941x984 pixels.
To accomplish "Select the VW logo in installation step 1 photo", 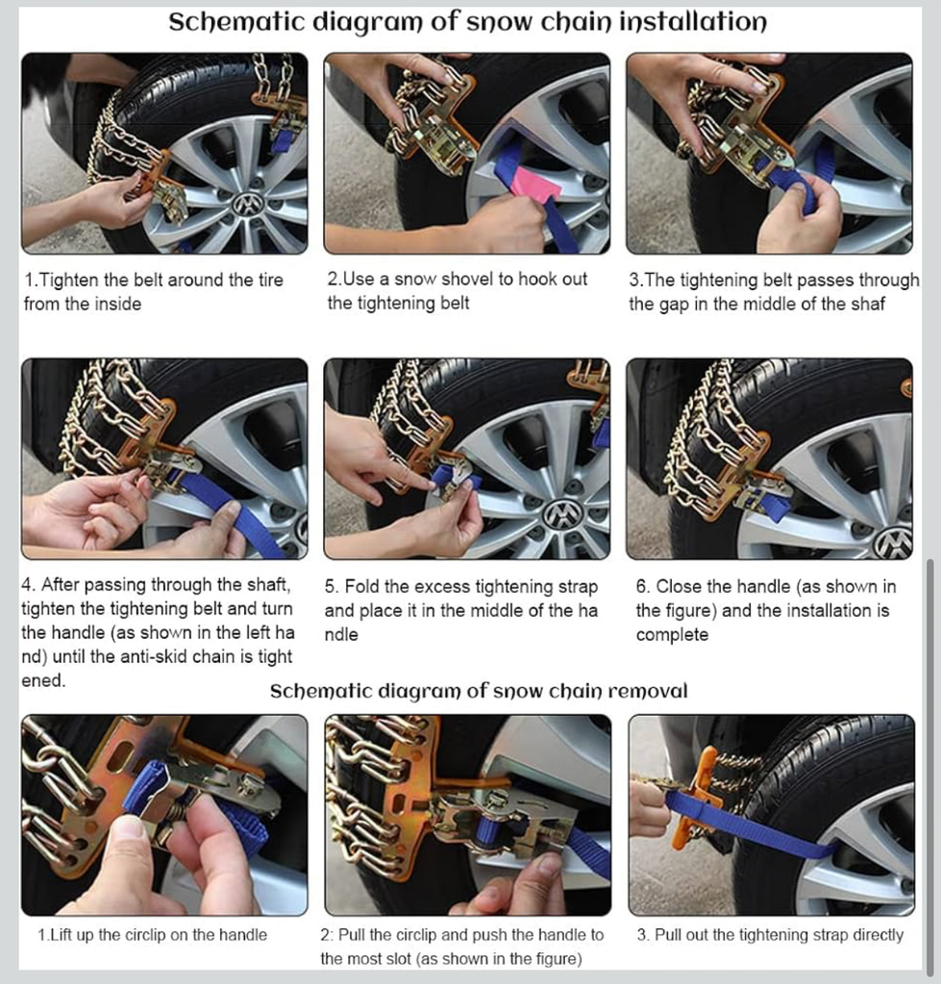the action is (248, 204).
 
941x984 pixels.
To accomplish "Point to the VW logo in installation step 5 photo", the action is (560, 516).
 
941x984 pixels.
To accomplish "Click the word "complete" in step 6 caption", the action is (672, 635).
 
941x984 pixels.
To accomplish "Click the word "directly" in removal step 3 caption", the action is (879, 935).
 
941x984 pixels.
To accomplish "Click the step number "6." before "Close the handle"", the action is (643, 586).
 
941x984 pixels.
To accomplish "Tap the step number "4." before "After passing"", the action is (29, 585).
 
